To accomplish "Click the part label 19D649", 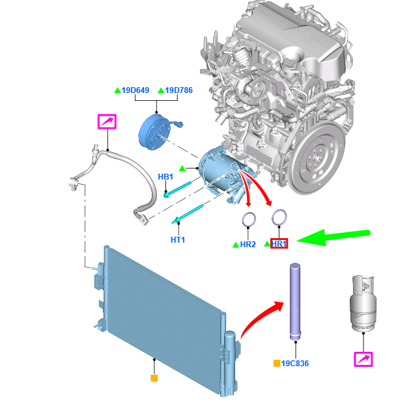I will point(135,90).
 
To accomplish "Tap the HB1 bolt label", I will point(165,177).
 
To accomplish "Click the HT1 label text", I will point(178,239).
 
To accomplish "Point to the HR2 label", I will point(247,245).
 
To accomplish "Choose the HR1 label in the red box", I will point(279,244).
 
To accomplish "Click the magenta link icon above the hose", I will point(107,122).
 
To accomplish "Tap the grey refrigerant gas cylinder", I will point(362,303).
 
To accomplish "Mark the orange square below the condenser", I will point(154,377).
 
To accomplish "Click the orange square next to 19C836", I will point(277,363).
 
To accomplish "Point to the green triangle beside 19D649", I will point(117,90).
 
